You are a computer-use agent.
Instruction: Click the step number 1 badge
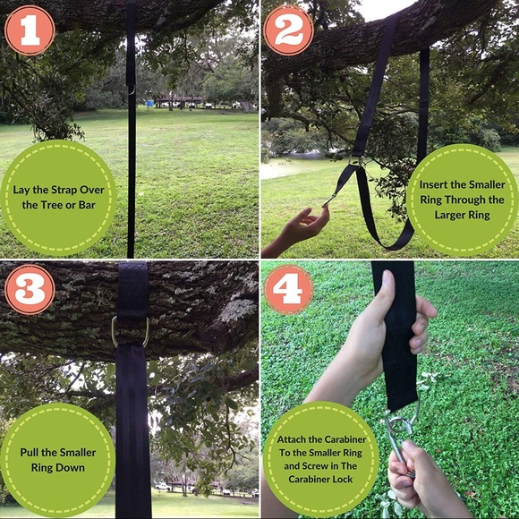(29, 30)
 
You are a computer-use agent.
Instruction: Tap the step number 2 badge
(288, 30)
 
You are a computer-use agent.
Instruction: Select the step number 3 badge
(29, 288)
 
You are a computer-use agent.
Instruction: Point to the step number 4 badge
(288, 288)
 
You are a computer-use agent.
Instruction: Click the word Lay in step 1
(22, 189)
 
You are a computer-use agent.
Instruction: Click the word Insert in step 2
(436, 183)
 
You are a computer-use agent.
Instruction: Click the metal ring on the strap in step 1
(131, 89)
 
